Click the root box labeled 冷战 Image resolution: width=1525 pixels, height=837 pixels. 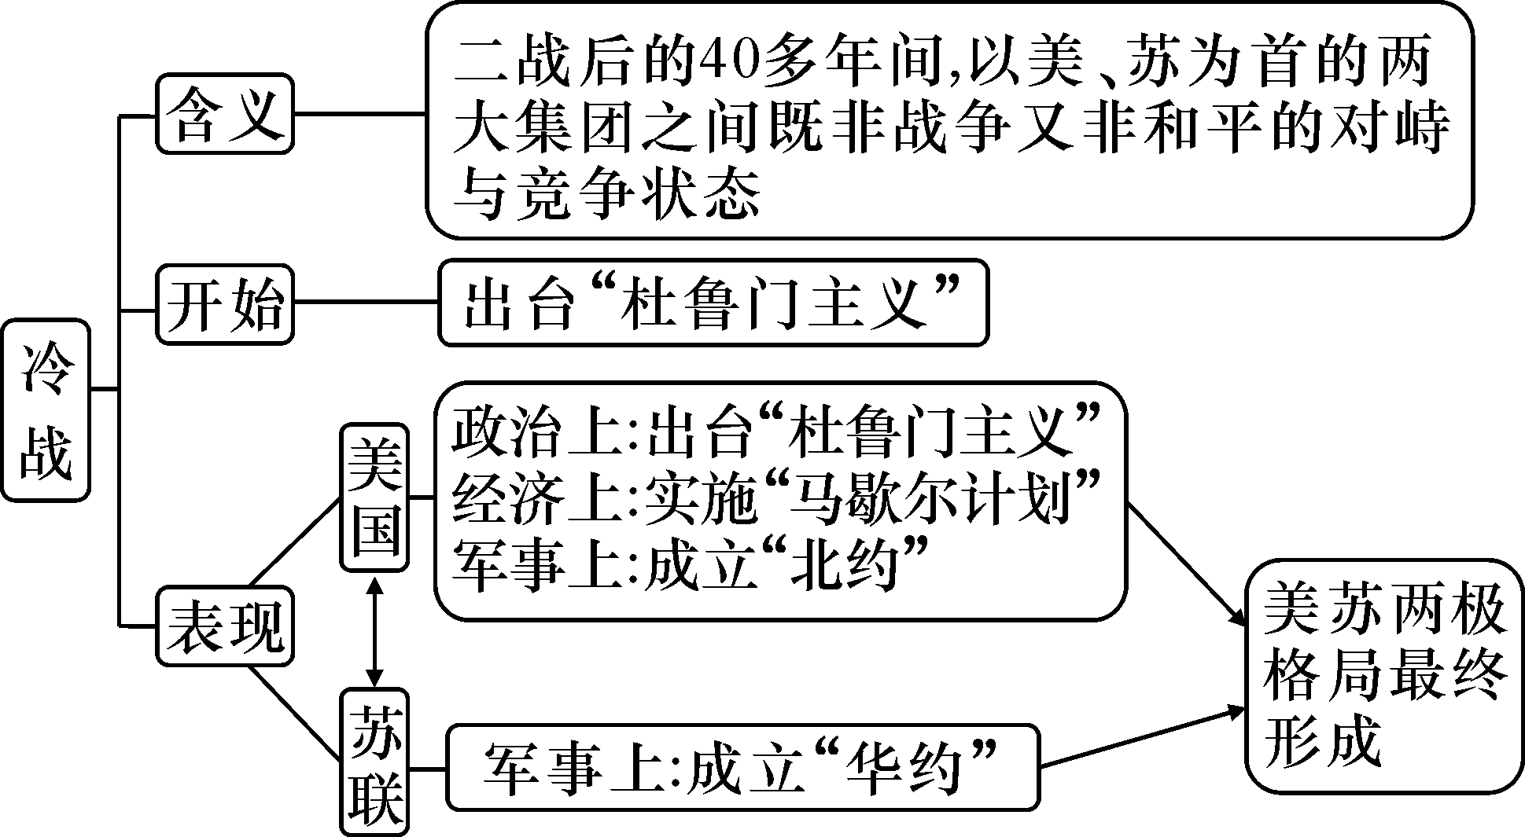pos(45,410)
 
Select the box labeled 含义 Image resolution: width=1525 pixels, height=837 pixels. pos(225,115)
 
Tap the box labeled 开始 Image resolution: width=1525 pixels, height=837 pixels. pos(225,305)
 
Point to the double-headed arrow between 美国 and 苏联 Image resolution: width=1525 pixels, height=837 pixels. pos(375,631)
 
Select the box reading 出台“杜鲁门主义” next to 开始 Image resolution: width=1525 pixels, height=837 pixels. pos(713,304)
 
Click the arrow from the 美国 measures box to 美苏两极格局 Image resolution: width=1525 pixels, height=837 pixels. pos(1186,564)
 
